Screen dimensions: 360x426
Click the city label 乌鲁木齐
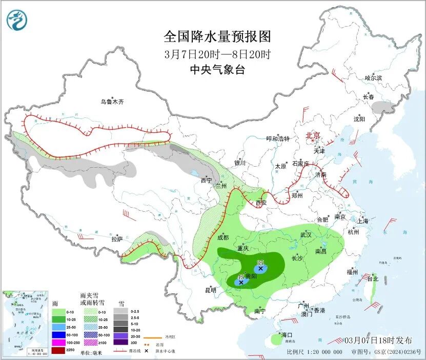point(112,102)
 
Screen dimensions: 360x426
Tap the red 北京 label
point(313,135)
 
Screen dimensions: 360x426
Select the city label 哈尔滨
point(373,78)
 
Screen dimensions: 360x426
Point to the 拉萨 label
point(117,238)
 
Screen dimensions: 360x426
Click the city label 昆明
point(211,290)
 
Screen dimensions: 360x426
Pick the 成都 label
point(222,237)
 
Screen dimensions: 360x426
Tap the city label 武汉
point(307,234)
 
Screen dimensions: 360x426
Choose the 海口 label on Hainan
point(287,335)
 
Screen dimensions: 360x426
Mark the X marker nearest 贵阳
point(241,282)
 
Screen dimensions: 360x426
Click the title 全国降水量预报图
point(217,36)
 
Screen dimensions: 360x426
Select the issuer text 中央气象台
point(217,70)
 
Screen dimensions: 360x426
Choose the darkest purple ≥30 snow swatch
point(121,342)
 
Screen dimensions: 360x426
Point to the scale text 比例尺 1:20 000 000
point(314,352)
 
